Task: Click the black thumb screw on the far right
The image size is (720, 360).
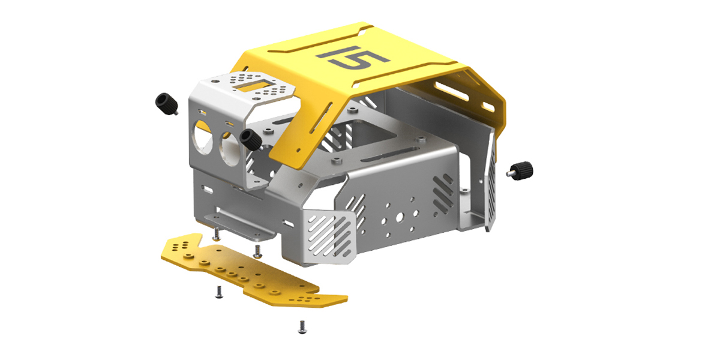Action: [521, 170]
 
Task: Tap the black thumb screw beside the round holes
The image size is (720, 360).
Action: [248, 139]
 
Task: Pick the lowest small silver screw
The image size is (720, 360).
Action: [301, 326]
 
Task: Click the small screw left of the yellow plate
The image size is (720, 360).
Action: [218, 293]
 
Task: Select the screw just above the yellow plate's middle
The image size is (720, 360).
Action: [257, 250]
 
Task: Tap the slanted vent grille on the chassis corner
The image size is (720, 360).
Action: [329, 237]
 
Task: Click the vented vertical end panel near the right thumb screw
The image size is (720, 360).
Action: [490, 180]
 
